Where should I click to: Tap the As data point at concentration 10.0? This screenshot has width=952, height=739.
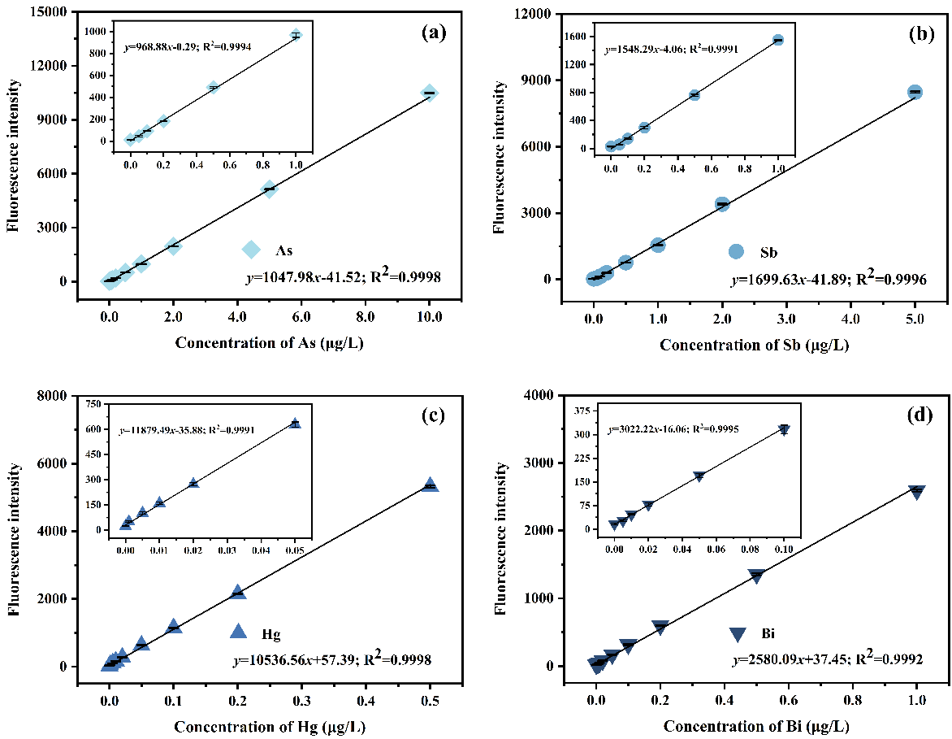[x=430, y=93]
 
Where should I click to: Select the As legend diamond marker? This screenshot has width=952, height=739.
[x=253, y=250]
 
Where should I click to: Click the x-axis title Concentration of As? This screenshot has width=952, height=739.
[x=269, y=343]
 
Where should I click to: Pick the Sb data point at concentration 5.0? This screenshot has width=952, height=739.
[x=915, y=93]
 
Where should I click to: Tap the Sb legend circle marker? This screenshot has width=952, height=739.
[x=737, y=252]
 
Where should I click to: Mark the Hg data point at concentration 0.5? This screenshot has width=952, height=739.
[x=430, y=485]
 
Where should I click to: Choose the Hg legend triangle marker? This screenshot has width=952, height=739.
[x=239, y=631]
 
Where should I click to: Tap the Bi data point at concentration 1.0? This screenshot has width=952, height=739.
[x=917, y=491]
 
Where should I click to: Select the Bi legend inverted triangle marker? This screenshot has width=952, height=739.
[x=738, y=634]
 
